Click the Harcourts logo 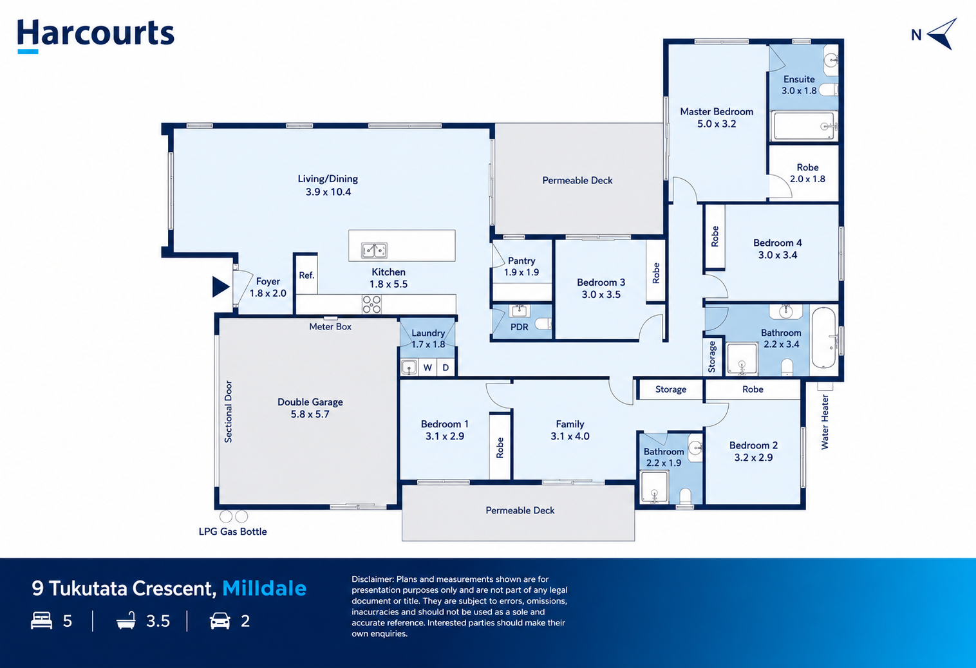click(95, 35)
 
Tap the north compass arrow click(941, 34)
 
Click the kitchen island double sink click(374, 250)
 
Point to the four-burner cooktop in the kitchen click(371, 304)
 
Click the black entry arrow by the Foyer click(220, 286)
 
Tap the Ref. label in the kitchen click(306, 275)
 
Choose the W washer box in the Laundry click(427, 367)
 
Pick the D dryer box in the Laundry click(446, 367)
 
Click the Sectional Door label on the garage click(229, 411)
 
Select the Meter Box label click(330, 326)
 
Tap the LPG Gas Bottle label click(232, 532)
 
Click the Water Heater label click(824, 422)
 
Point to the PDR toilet click(543, 324)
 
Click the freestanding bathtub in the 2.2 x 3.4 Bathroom click(824, 338)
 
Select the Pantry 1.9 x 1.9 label click(521, 266)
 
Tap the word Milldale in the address click(265, 588)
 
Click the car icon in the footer click(220, 621)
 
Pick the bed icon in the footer click(41, 620)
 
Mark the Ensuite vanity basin click(831, 59)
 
